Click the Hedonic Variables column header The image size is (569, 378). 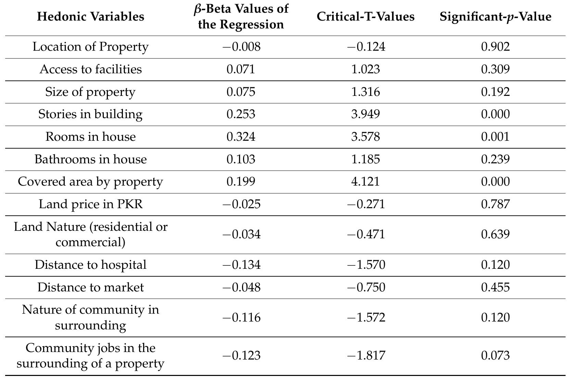click(90, 16)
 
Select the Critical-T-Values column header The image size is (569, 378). click(365, 16)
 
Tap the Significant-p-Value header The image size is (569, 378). click(495, 16)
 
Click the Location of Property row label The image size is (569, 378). click(90, 47)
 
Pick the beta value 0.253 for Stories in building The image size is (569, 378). click(241, 114)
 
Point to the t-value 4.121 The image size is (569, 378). click(365, 181)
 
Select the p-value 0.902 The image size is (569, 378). click(495, 47)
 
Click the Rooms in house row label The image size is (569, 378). click(90, 137)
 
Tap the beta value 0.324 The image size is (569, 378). click(241, 137)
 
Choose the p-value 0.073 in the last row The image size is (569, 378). click(495, 355)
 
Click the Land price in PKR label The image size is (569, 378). click(90, 204)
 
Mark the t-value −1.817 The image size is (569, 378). click(366, 355)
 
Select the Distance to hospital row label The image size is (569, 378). click(90, 265)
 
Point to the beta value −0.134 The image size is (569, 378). click(241, 265)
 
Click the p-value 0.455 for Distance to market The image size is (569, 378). click(495, 287)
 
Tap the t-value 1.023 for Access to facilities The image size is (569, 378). click(365, 69)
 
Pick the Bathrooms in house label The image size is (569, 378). click(90, 159)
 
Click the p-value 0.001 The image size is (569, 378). click(495, 137)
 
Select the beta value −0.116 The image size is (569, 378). click(241, 317)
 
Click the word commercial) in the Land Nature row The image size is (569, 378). click(90, 242)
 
